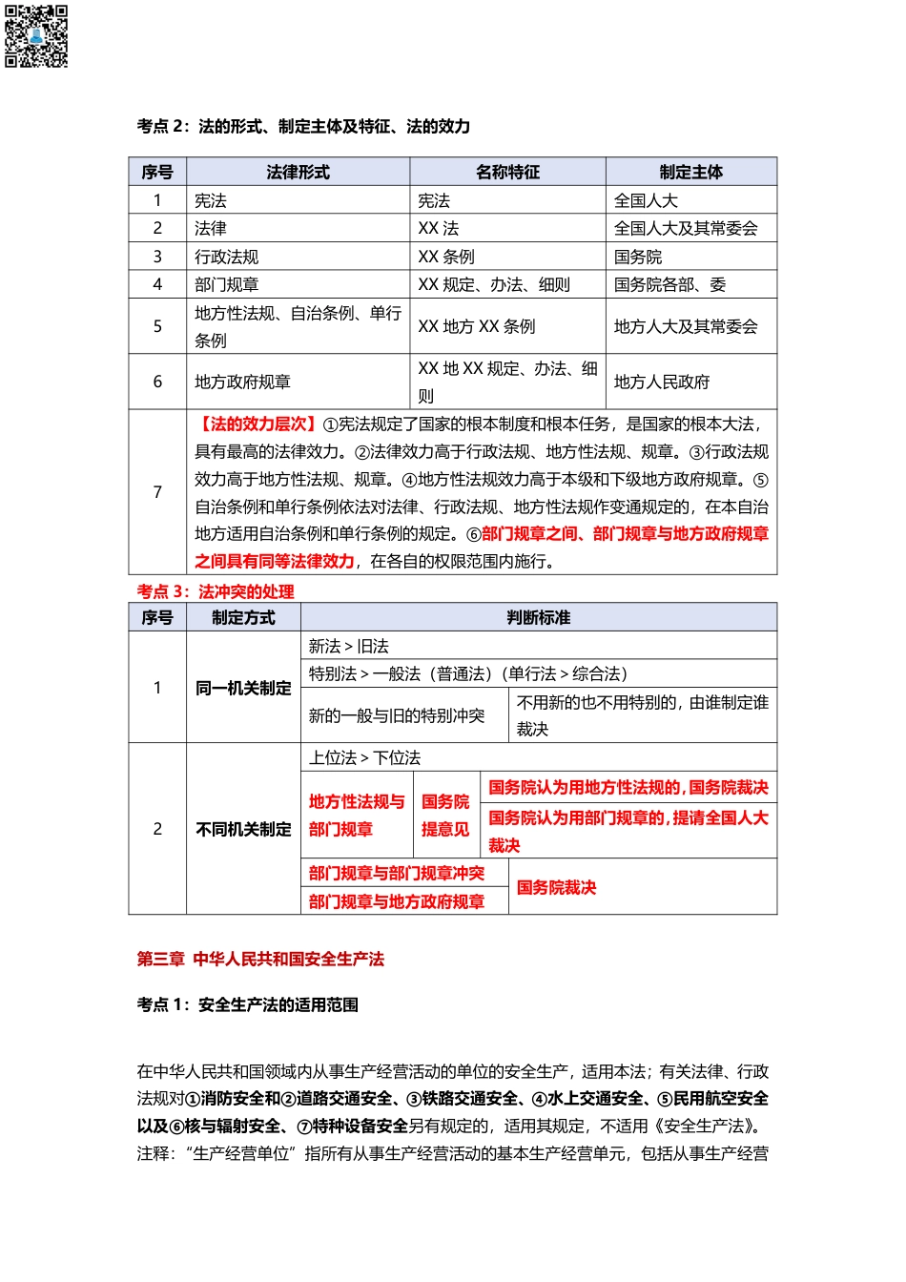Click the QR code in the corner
point(36,36)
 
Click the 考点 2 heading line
point(303,127)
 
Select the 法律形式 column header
point(298,173)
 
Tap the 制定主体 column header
point(690,173)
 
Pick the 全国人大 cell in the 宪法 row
point(646,200)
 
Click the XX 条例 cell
point(446,257)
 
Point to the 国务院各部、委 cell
point(669,284)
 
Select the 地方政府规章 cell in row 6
point(242,382)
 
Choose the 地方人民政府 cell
point(662,382)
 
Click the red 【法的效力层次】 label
point(256,424)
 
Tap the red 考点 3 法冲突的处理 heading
point(216,591)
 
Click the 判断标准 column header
point(538,618)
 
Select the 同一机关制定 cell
point(243,688)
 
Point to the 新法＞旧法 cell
point(349,646)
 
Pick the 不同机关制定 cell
point(243,829)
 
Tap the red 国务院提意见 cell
point(445,816)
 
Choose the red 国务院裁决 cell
point(556,887)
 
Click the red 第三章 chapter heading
point(260,959)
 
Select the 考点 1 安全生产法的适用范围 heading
point(248,1004)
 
